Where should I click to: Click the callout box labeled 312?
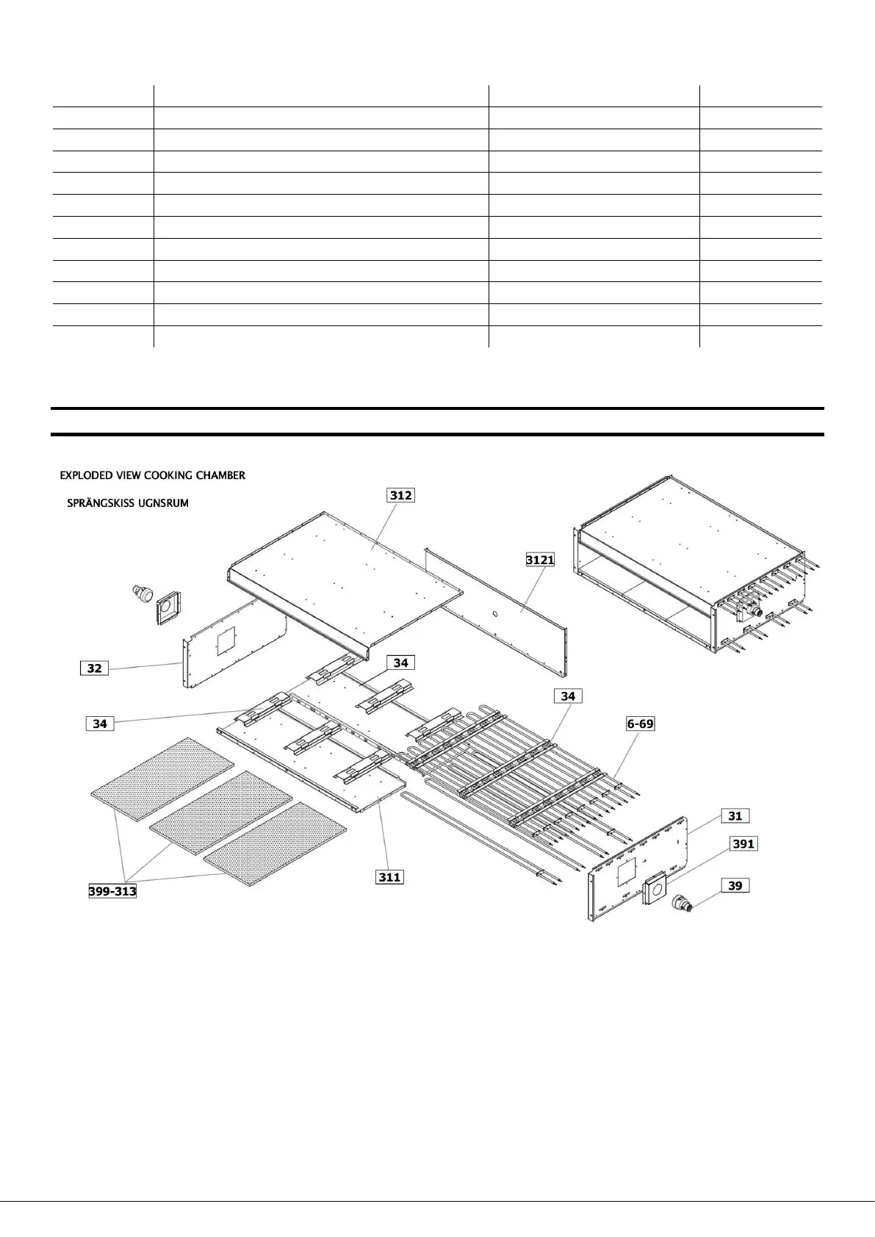401,495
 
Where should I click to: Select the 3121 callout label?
540,560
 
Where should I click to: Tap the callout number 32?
94,668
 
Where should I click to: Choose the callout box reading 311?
389,876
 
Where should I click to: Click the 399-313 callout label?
109,892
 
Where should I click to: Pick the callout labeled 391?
743,844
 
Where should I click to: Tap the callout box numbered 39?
735,886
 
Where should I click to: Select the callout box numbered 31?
735,815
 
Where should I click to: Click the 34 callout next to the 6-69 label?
568,695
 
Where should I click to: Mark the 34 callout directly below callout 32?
100,724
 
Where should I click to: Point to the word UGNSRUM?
164,504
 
